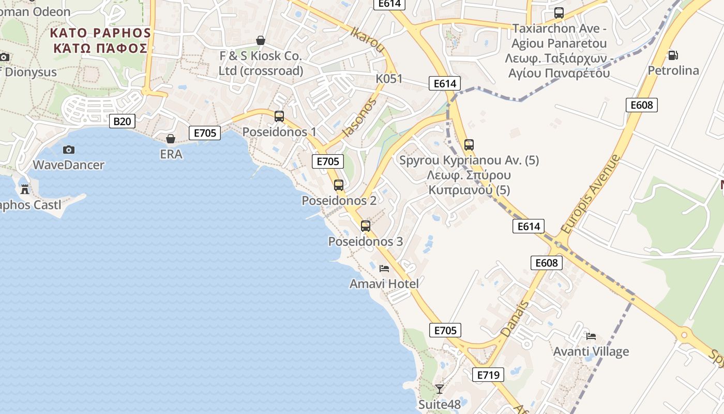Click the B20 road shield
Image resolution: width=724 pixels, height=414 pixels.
(x=122, y=122)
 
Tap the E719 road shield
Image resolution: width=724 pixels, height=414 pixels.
(x=488, y=375)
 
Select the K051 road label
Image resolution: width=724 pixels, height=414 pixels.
(x=389, y=79)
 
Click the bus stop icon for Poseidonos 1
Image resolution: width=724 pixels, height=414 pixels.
(x=279, y=116)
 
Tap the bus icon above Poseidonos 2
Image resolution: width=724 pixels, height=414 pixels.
(x=339, y=185)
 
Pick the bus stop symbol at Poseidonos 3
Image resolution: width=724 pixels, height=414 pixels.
(x=366, y=226)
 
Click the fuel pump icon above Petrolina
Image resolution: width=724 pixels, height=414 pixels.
(x=673, y=55)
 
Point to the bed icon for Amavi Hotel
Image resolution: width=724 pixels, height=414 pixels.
(x=384, y=268)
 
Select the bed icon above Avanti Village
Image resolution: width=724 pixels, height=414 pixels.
(x=591, y=336)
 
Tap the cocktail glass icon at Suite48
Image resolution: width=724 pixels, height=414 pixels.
(x=440, y=389)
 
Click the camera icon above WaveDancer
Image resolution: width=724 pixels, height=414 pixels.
(x=68, y=150)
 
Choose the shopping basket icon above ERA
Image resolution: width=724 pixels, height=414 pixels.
(x=171, y=139)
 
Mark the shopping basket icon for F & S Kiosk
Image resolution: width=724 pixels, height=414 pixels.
(x=261, y=40)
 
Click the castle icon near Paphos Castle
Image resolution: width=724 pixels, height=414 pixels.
(x=25, y=189)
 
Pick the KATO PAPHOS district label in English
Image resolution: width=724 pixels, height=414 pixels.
(x=100, y=33)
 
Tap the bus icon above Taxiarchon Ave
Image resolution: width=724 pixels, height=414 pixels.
(x=559, y=13)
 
